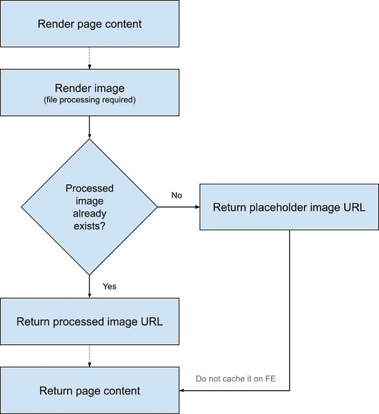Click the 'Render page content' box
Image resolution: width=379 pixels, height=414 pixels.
90,24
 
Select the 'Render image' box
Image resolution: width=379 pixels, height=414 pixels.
90,93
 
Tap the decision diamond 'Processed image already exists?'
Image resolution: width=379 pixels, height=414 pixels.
89,207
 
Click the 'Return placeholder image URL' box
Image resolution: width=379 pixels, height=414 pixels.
289,207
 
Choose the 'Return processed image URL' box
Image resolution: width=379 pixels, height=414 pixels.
90,322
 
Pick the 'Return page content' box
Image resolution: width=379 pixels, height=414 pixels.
90,391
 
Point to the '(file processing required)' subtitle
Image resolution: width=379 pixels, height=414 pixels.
90,100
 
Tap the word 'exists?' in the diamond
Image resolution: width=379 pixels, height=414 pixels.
89,226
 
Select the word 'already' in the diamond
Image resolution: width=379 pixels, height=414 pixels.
89,214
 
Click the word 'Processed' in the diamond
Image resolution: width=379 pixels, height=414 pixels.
89,188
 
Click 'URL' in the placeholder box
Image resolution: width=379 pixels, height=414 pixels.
355,207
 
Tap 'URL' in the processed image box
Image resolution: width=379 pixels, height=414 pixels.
152,322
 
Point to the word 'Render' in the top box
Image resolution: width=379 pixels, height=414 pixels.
53,24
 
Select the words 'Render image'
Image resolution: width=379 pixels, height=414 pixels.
90,88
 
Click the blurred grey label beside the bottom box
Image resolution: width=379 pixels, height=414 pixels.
237,379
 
